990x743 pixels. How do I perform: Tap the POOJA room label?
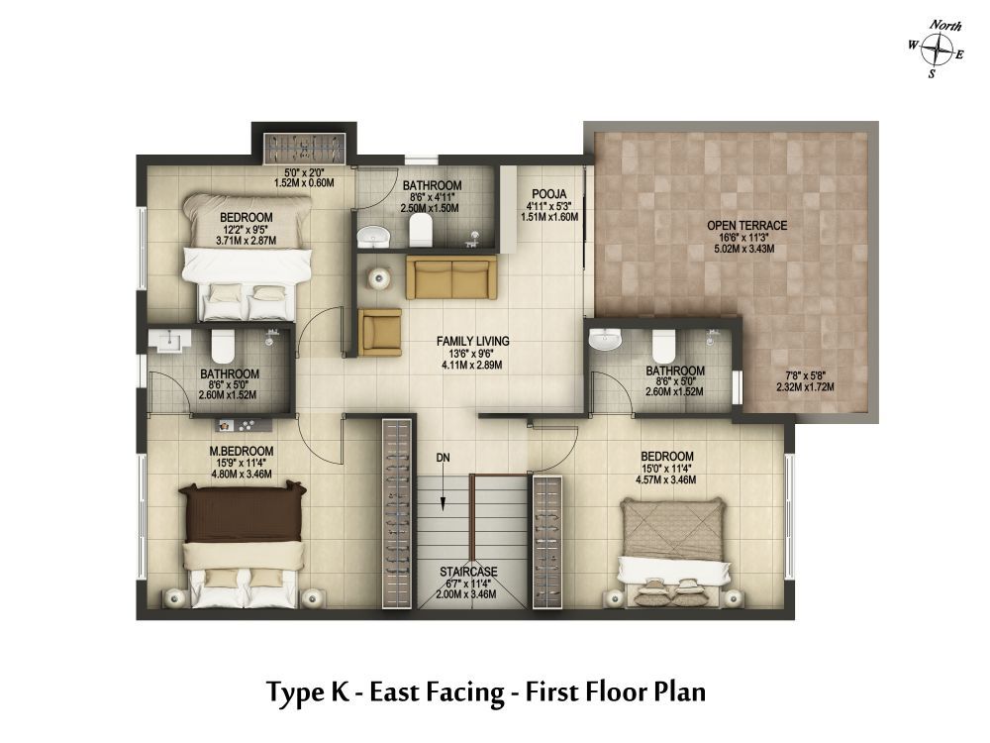tap(548, 194)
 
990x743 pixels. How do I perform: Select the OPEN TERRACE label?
tap(746, 226)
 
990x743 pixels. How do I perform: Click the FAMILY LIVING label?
tap(472, 341)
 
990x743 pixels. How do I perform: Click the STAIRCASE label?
tap(468, 572)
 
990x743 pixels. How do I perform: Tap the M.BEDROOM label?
tap(242, 451)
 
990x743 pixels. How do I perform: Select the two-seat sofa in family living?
tap(450, 277)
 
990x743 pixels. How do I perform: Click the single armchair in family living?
tap(379, 332)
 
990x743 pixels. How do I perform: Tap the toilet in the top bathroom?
tap(420, 230)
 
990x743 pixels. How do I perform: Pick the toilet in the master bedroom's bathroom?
tap(222, 346)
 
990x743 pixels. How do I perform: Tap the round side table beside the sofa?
tap(377, 278)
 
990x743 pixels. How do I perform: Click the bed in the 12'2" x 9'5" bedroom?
tap(247, 258)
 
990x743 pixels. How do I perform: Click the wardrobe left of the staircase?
tap(398, 513)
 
